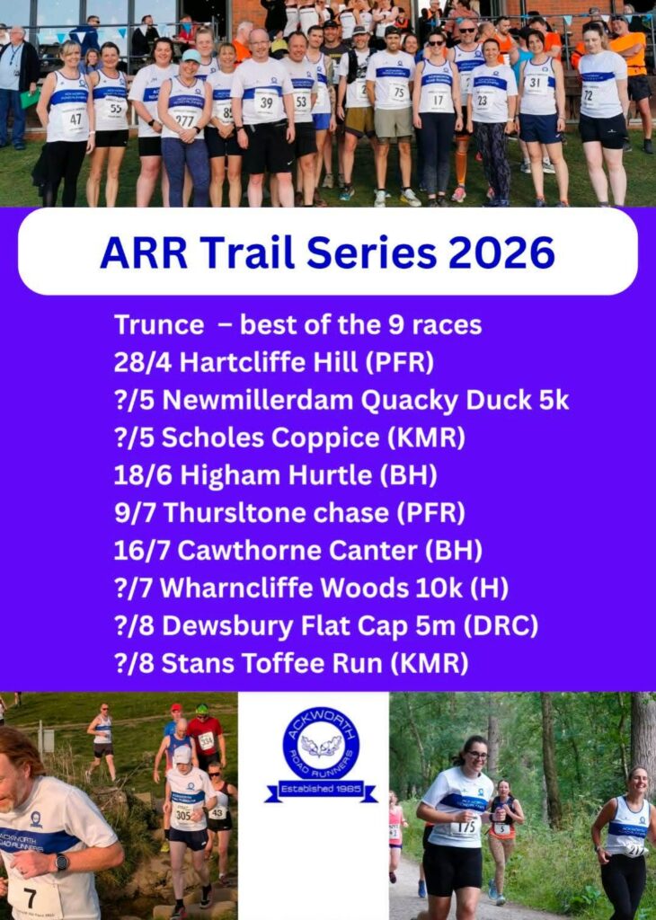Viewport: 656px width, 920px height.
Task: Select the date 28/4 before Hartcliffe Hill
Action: pyautogui.click(x=143, y=363)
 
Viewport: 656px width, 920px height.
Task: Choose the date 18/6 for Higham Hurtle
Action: pyautogui.click(x=143, y=475)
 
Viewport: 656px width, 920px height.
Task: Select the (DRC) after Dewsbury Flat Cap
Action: pyautogui.click(x=500, y=625)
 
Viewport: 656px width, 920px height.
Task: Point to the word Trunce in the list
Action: pyautogui.click(x=159, y=325)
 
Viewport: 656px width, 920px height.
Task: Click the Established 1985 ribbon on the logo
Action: pyautogui.click(x=321, y=790)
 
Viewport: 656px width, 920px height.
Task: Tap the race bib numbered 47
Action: pyautogui.click(x=75, y=120)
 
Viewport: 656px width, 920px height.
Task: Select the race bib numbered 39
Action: pyautogui.click(x=266, y=103)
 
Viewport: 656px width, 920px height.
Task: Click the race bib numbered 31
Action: pyautogui.click(x=535, y=84)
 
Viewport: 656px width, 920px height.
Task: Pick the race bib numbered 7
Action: pyautogui.click(x=32, y=898)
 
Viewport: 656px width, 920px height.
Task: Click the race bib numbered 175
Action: pyautogui.click(x=465, y=827)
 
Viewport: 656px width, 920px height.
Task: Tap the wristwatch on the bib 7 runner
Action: pyautogui.click(x=61, y=862)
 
